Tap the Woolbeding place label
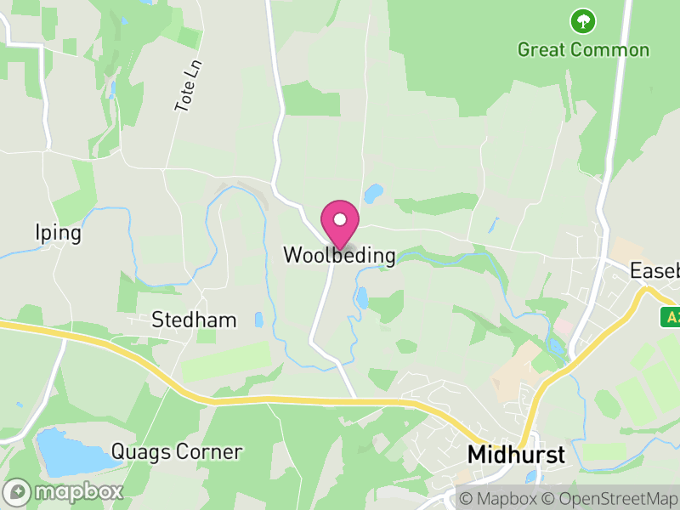[x=339, y=255]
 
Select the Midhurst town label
[x=516, y=455]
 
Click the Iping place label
[x=59, y=233]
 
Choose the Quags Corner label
[x=177, y=451]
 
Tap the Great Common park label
[x=583, y=49]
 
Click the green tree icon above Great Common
[x=583, y=20]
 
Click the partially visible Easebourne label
[x=655, y=271]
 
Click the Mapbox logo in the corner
[x=65, y=491]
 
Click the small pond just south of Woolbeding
[x=362, y=297]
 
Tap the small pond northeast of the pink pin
[x=373, y=195]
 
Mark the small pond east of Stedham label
[x=258, y=320]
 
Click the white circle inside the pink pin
[x=340, y=219]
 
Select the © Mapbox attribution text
[x=500, y=498]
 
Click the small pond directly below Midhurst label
[x=531, y=477]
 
